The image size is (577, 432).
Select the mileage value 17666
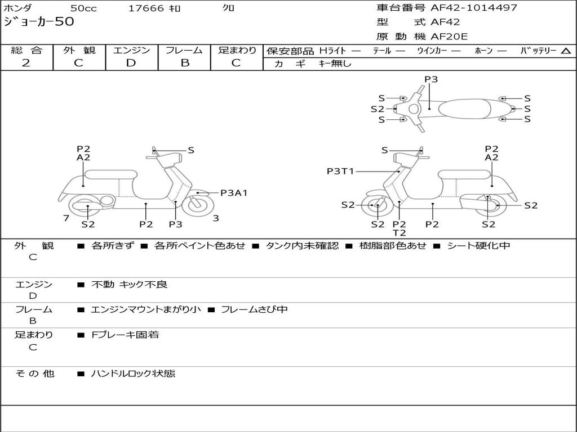(146, 8)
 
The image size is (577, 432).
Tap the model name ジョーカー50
(39, 22)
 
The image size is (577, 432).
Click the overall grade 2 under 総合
(26, 63)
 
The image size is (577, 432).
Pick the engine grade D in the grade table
(131, 63)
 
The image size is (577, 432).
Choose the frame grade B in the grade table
(184, 63)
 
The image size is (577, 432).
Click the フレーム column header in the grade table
(184, 51)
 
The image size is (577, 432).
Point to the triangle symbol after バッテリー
(566, 51)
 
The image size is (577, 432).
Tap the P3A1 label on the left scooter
(234, 193)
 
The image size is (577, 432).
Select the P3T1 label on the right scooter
(340, 171)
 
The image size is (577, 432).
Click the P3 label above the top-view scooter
(431, 79)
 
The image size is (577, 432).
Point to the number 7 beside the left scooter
(66, 218)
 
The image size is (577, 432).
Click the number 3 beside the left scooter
(216, 218)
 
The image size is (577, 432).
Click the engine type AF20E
(449, 37)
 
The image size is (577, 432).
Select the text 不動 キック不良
(129, 285)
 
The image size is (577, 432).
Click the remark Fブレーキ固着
(125, 335)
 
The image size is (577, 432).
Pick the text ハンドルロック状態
(133, 373)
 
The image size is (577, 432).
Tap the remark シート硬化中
(478, 246)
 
